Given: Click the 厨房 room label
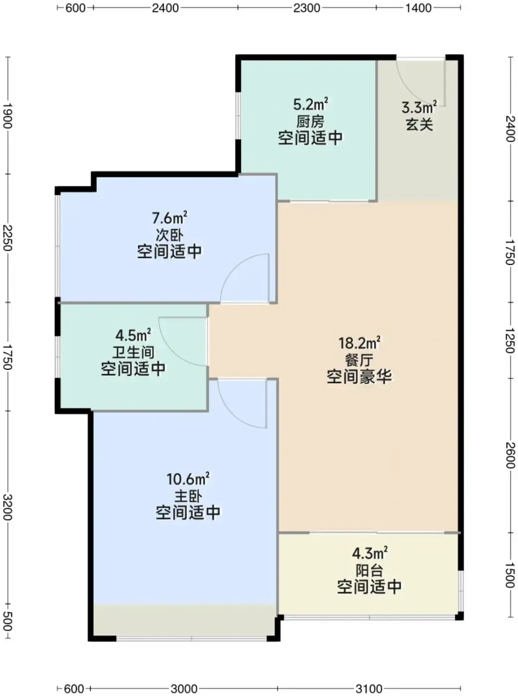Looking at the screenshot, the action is click(310, 122).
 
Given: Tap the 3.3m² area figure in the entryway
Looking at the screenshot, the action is click(419, 108).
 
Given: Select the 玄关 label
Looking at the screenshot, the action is click(419, 125).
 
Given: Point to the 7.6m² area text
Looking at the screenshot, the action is click(170, 218).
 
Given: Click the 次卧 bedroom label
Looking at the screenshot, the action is click(170, 235).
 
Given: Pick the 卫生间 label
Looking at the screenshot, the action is click(134, 352).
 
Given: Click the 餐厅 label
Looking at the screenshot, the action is click(360, 360).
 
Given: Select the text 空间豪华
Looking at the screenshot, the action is click(360, 377).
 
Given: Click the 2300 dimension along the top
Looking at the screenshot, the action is click(306, 7).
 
